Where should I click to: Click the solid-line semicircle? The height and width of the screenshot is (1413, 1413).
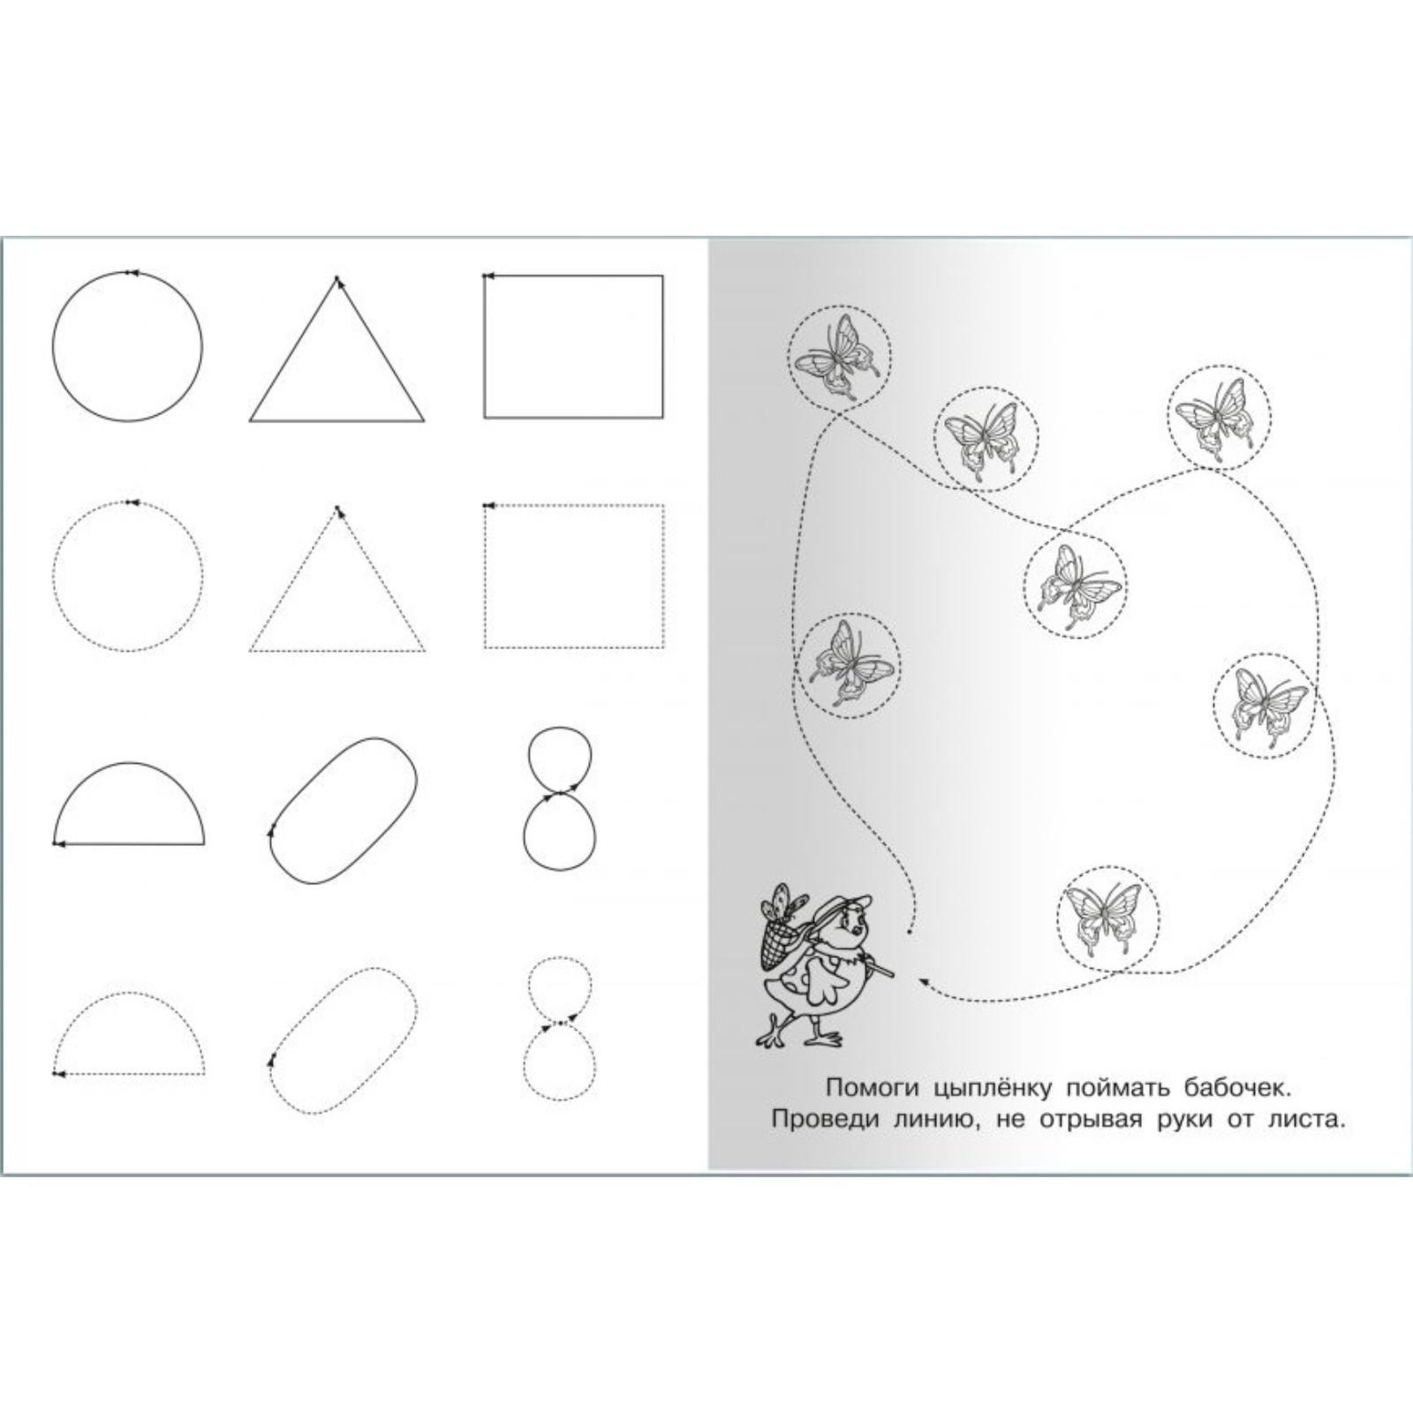point(129,763)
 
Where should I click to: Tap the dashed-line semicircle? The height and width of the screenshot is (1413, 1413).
point(129,993)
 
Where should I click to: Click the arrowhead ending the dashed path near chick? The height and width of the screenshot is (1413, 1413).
point(925,979)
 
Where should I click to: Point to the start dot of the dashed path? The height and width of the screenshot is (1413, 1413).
point(910,931)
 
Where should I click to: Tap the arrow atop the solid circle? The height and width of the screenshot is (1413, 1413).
point(131,272)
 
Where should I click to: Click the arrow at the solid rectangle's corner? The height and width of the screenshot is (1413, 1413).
point(487,276)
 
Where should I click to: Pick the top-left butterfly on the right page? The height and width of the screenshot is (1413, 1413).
point(837,355)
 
